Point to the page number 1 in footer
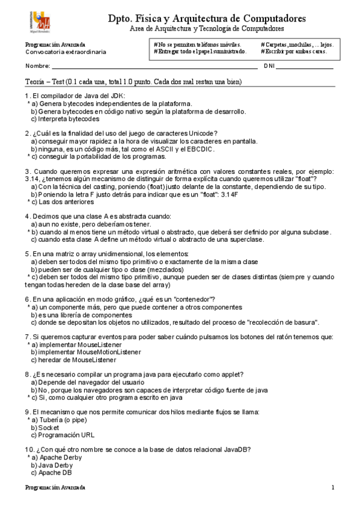[x=332, y=487]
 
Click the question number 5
[x=27, y=254]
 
